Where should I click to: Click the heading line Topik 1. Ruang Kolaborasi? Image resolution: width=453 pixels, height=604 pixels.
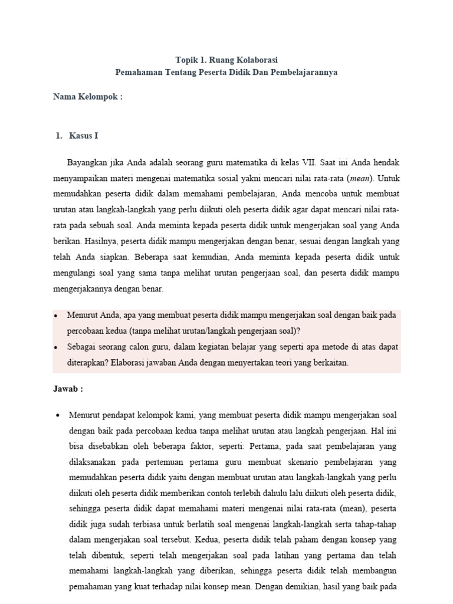point(226,60)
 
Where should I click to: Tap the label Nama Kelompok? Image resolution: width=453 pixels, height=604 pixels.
point(88,97)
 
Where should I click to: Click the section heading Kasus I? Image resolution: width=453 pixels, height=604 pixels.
point(83,136)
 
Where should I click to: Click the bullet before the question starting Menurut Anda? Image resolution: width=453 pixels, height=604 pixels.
point(56,316)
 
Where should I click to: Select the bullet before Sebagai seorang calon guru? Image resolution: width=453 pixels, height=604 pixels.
point(56,348)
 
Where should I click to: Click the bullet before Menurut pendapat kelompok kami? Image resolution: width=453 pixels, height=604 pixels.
point(56,415)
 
